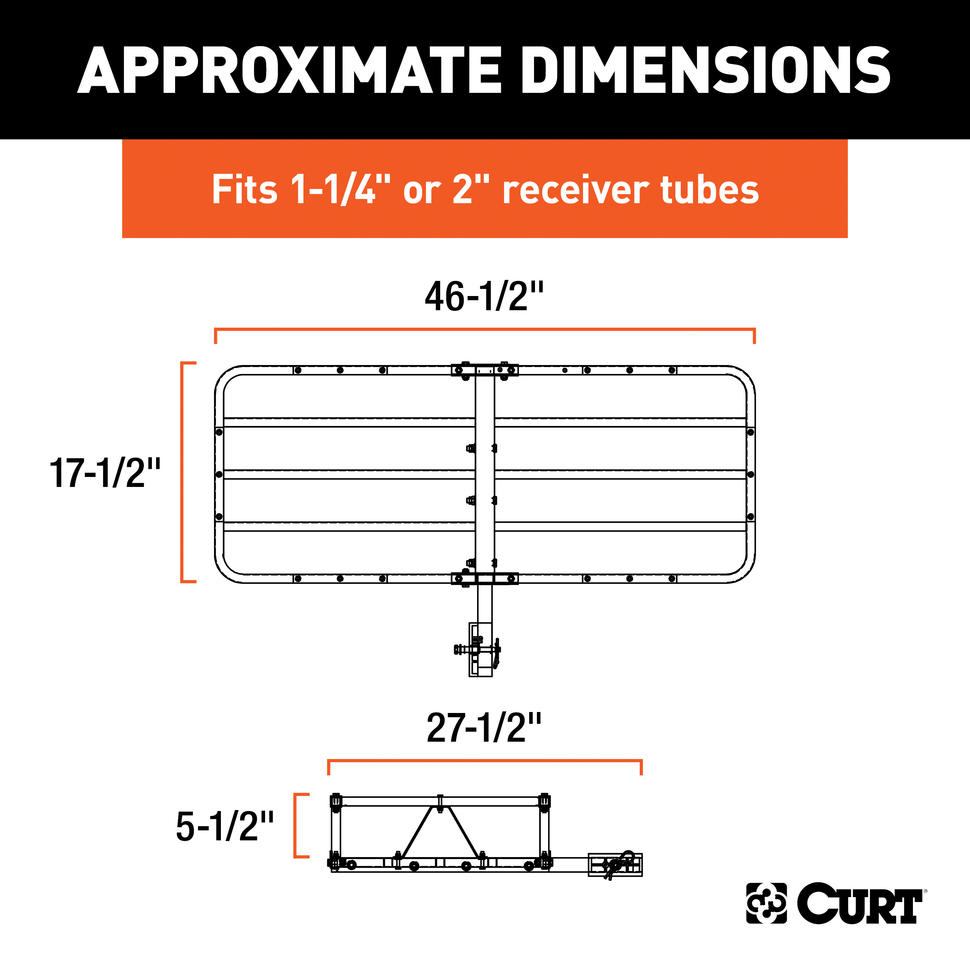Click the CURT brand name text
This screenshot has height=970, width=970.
[x=859, y=903]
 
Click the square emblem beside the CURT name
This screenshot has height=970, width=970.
[x=766, y=903]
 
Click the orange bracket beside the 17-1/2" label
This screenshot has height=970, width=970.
[x=184, y=472]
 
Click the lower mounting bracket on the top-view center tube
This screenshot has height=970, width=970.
[x=484, y=579]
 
